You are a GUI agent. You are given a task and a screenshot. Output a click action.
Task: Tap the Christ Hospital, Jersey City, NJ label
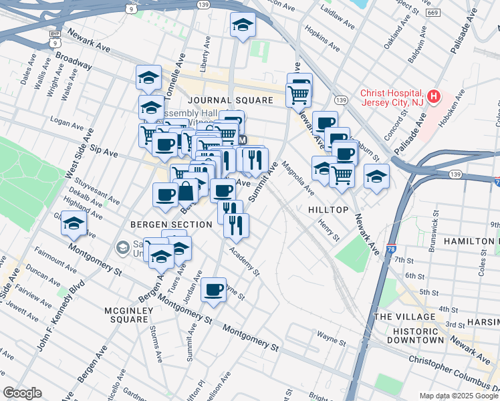(x=391, y=98)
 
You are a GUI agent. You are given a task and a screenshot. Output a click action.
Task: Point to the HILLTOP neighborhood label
(x=328, y=210)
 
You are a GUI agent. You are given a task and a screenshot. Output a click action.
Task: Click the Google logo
(x=22, y=392)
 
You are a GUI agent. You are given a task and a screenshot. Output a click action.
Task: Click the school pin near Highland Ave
(x=74, y=225)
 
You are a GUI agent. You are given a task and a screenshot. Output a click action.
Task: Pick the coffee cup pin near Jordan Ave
(x=213, y=289)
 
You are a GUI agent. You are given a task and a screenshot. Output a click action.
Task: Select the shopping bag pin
(x=185, y=192)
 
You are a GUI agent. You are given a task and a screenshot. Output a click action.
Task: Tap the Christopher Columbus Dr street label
(x=455, y=371)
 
